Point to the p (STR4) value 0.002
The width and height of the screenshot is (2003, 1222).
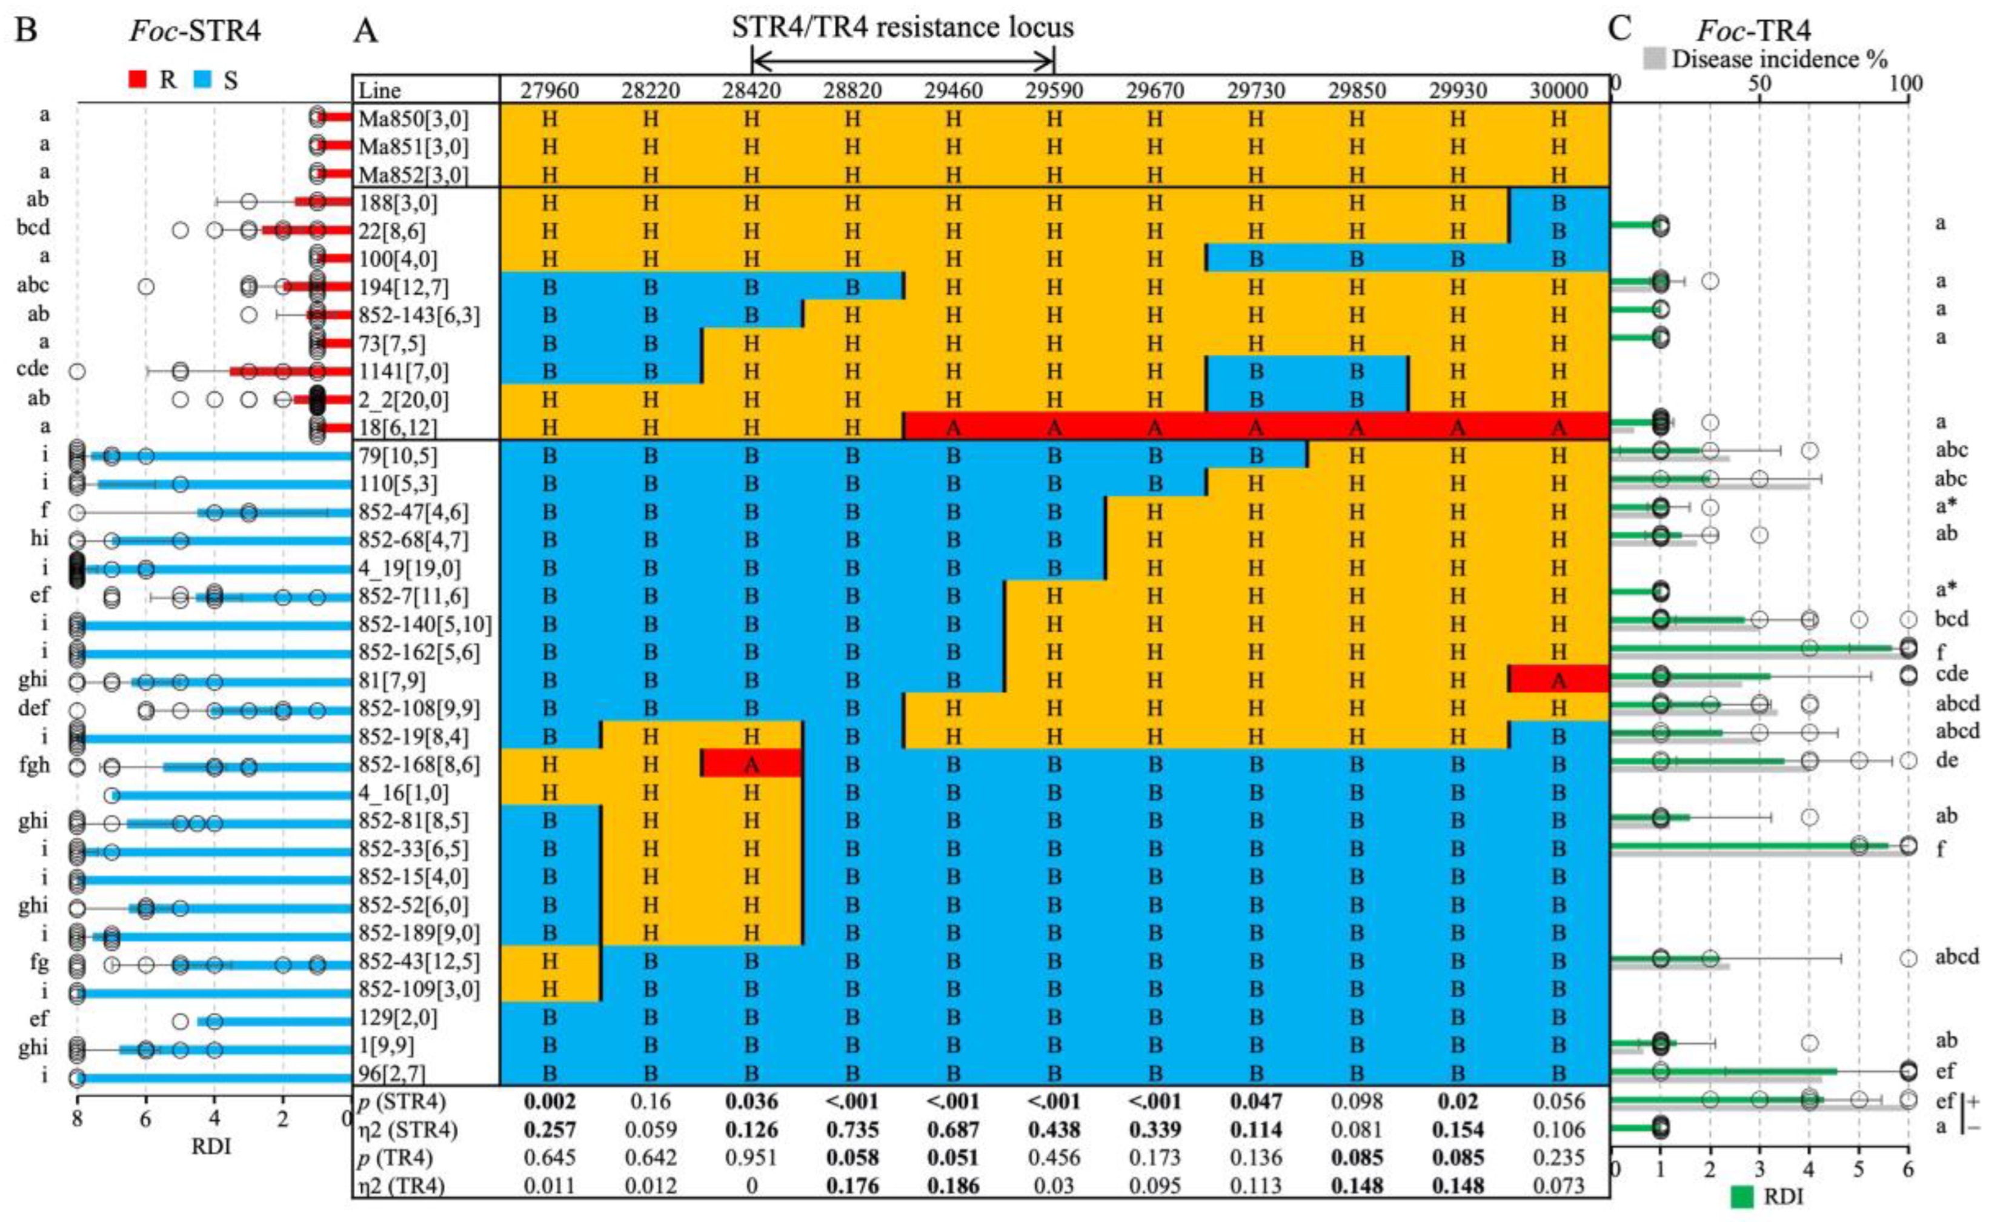pyautogui.click(x=550, y=1101)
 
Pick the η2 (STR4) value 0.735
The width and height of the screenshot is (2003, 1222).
pyautogui.click(x=852, y=1130)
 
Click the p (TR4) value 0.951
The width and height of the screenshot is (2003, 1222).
pyautogui.click(x=751, y=1158)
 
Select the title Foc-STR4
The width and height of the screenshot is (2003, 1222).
pyautogui.click(x=195, y=31)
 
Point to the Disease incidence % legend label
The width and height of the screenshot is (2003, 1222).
pyautogui.click(x=1779, y=59)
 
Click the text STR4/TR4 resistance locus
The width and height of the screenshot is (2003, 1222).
pyautogui.click(x=902, y=27)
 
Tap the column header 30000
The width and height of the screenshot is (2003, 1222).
pyautogui.click(x=1558, y=90)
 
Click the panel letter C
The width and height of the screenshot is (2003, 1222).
pyautogui.click(x=1619, y=29)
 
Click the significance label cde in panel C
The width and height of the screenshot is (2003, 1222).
pyautogui.click(x=1951, y=674)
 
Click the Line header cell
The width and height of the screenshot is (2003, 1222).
pyautogui.click(x=380, y=90)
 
